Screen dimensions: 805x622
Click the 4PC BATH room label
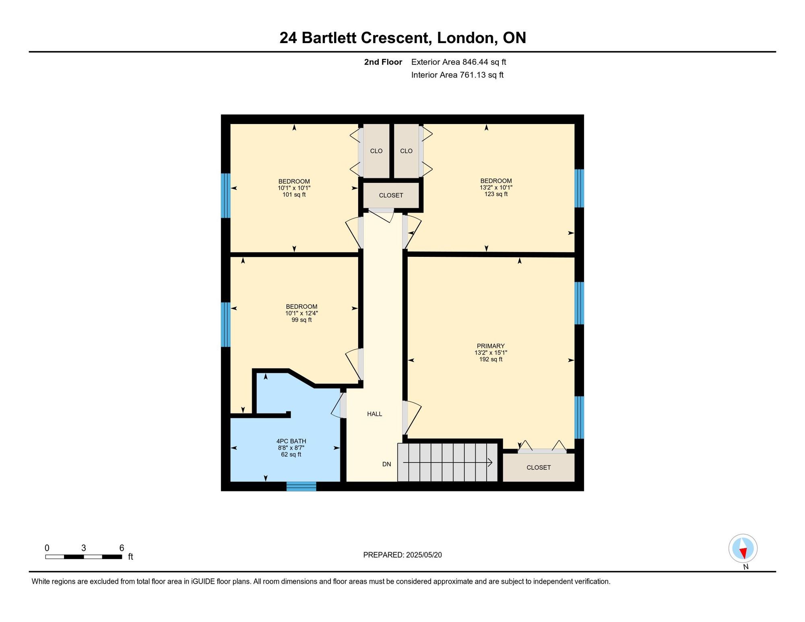point(291,441)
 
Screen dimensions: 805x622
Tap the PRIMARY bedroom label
point(491,346)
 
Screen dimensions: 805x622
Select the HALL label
point(374,414)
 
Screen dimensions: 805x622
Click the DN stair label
point(386,464)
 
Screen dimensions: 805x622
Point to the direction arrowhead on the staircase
point(490,463)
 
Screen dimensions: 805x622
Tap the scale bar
point(84,557)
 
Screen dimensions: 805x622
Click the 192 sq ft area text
point(491,359)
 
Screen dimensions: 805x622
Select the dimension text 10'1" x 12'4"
point(301,313)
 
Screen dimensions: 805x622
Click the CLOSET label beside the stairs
point(539,467)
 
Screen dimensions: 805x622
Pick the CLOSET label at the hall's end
point(391,195)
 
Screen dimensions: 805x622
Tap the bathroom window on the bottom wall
point(301,486)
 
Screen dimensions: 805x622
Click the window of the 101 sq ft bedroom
point(225,196)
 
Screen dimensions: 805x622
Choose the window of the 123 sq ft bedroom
point(579,188)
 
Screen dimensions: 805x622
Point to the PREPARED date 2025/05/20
point(424,555)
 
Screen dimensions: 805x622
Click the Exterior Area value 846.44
point(475,62)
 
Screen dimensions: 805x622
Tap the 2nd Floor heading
point(383,62)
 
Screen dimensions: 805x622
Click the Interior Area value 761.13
point(473,75)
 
